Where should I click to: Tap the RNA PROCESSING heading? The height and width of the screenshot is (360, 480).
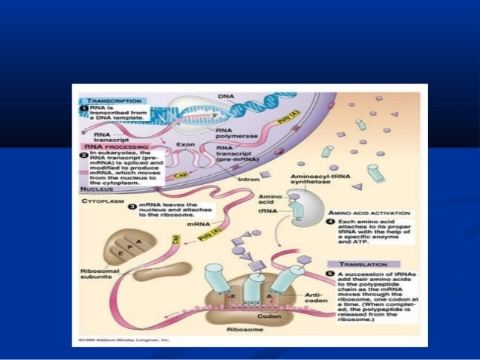click(x=109, y=147)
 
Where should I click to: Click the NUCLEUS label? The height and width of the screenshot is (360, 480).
click(x=96, y=189)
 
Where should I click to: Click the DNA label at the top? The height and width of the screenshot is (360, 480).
click(x=226, y=96)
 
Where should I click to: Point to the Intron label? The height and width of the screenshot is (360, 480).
click(x=249, y=180)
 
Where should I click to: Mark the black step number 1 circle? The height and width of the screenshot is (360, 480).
click(x=84, y=108)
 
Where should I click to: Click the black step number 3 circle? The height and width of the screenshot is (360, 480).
click(x=132, y=204)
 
